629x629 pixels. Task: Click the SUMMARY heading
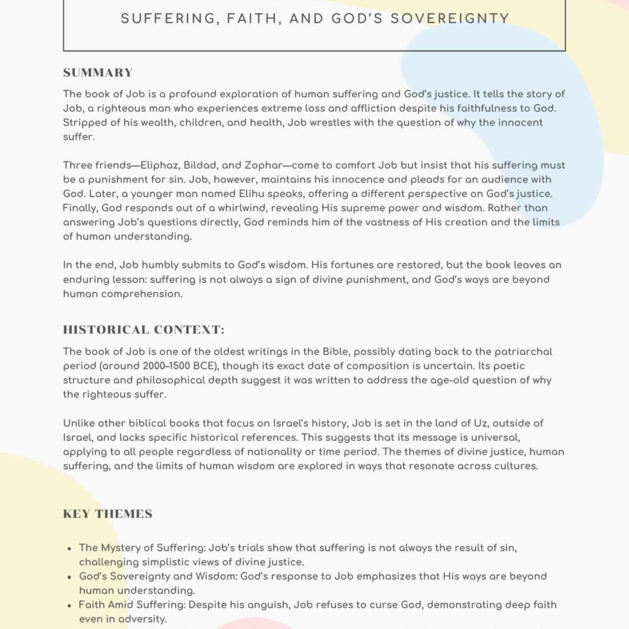click(98, 72)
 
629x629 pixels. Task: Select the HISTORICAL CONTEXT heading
click(143, 330)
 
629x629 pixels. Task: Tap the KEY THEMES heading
click(108, 514)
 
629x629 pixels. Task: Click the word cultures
click(531, 466)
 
